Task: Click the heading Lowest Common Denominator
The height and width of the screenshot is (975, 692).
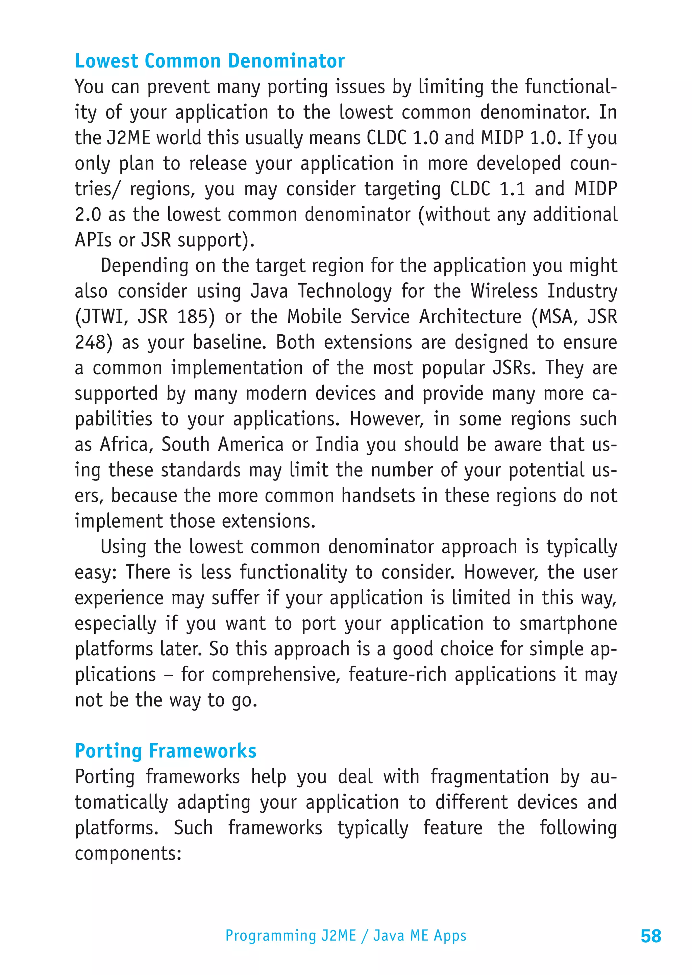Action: click(209, 61)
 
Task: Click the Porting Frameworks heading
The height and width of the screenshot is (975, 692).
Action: click(165, 751)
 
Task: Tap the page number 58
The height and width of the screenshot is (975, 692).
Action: click(651, 936)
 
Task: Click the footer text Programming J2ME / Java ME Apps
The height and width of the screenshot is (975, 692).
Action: click(346, 935)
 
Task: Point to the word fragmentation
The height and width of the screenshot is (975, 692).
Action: click(489, 777)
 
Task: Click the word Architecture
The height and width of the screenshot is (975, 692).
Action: click(470, 317)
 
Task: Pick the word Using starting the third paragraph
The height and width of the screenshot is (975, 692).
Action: click(123, 547)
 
